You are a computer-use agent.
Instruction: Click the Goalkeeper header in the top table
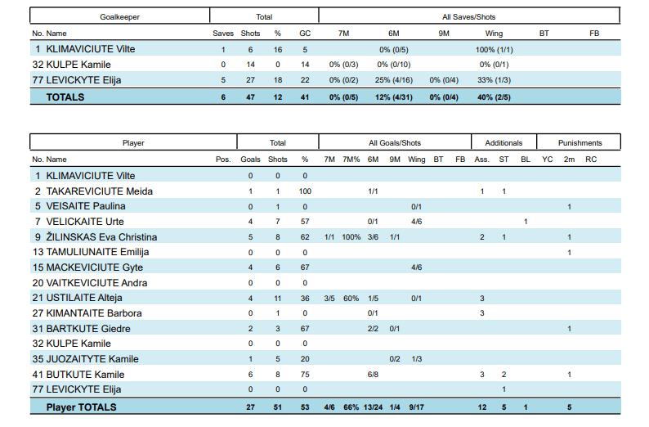point(119,16)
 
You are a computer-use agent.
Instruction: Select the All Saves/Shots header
point(468,16)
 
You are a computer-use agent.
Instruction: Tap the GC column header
point(305,34)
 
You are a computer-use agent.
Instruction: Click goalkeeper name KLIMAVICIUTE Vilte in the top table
point(91,49)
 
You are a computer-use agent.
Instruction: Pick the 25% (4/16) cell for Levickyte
point(393,79)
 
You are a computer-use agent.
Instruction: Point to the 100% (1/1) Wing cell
point(494,49)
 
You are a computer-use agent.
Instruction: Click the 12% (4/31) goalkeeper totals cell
point(393,97)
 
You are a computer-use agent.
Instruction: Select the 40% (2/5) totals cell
point(494,97)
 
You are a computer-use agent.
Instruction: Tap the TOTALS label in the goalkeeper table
point(65,97)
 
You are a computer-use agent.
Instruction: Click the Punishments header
point(580,142)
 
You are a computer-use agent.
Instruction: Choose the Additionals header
point(504,142)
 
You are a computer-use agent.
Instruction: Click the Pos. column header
point(223,159)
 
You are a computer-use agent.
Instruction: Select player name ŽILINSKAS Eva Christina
point(101,237)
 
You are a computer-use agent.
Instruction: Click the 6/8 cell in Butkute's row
point(373,374)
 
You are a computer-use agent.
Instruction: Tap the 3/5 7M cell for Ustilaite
point(329,298)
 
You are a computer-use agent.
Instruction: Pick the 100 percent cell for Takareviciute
point(305,191)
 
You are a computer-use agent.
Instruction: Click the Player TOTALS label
point(81,407)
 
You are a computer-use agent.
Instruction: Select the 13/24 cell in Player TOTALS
point(373,407)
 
